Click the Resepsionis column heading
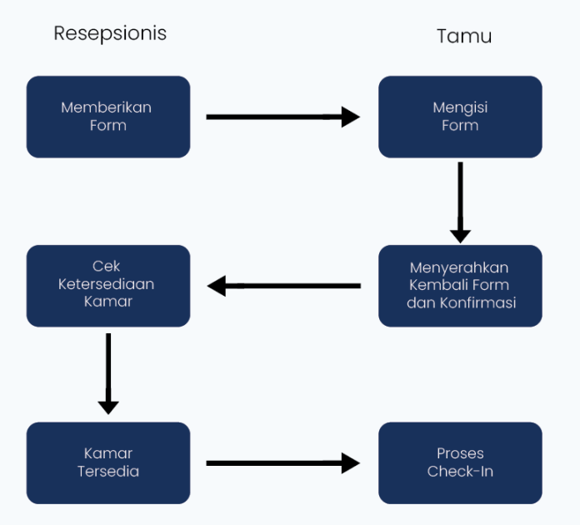point(110,33)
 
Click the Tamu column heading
point(464,36)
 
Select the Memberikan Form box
point(108,117)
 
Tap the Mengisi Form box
point(460,117)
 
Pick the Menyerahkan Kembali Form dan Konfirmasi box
point(460,285)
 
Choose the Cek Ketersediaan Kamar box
point(108,285)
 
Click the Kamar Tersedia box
point(108,462)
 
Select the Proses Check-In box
point(460,462)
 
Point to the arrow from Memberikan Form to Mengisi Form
point(282,117)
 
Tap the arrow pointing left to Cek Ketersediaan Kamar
point(284,286)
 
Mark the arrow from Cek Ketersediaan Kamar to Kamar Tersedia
point(108,373)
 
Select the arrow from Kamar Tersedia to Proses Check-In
point(282,462)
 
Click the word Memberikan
point(107,107)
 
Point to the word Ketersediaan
point(107,284)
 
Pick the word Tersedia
point(108,472)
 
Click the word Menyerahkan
point(459,267)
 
